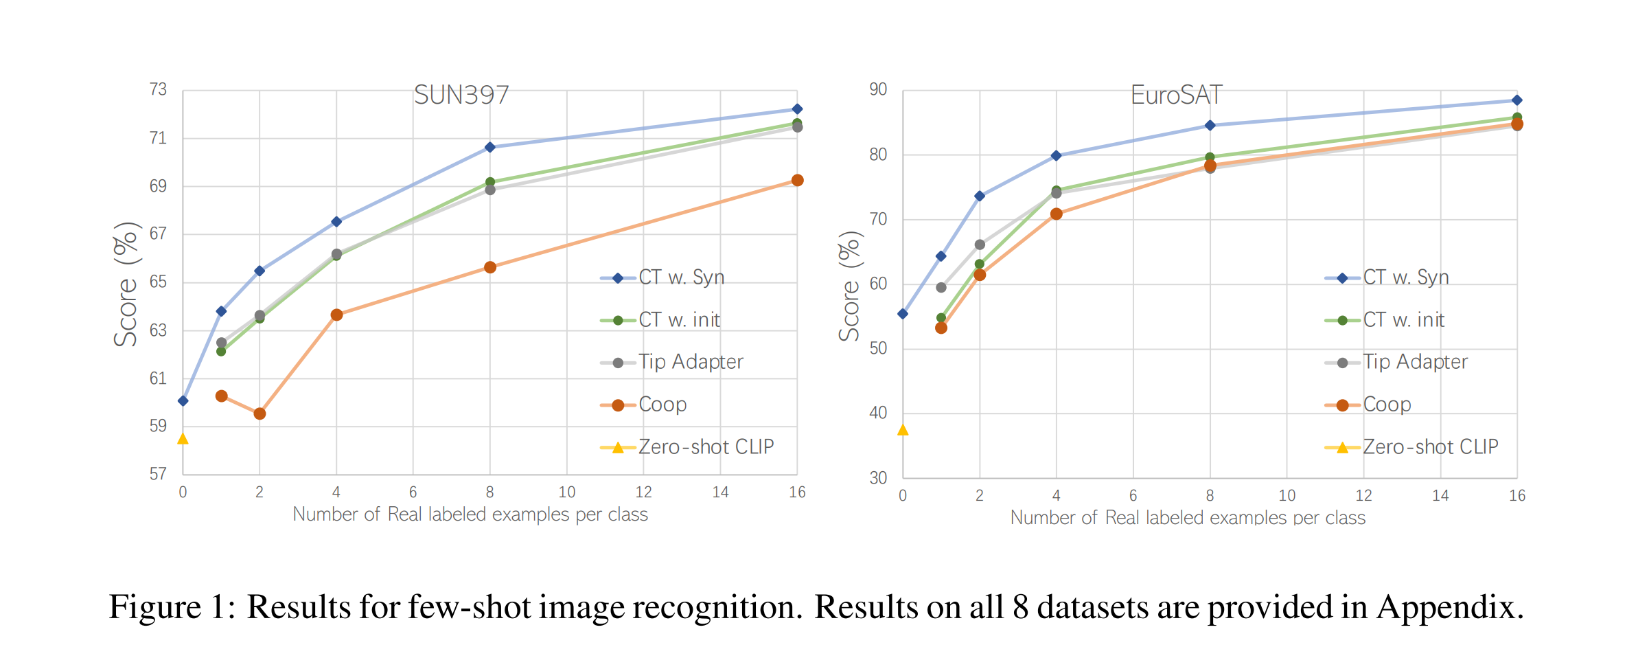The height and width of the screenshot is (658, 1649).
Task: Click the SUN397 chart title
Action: click(461, 95)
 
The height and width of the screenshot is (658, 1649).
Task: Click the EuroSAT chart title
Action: click(1176, 95)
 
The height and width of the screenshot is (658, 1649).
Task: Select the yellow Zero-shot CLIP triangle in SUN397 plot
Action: click(183, 439)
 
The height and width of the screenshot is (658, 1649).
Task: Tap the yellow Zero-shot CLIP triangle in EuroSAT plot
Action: click(903, 430)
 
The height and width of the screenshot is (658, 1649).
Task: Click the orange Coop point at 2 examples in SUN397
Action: click(260, 413)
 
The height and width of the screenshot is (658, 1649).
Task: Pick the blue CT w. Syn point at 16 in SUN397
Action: click(797, 109)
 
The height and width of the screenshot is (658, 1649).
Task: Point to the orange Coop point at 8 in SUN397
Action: click(490, 267)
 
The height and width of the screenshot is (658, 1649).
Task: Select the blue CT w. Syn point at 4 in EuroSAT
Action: click(1057, 156)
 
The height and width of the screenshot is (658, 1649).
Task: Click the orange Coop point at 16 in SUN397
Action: click(797, 181)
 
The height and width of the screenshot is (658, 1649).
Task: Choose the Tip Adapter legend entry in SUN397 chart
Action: click(690, 362)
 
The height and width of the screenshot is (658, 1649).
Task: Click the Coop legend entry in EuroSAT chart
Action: click(1386, 405)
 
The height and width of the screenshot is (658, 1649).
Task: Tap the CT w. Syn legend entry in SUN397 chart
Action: click(681, 277)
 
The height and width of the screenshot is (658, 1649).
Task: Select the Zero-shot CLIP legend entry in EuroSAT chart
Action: click(1429, 447)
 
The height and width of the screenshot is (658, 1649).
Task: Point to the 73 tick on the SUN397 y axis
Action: click(158, 89)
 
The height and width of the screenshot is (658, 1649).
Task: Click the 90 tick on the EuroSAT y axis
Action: click(878, 89)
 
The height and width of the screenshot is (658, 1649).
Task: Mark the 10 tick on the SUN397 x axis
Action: click(566, 492)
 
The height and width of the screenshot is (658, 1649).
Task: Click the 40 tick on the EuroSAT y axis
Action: click(878, 413)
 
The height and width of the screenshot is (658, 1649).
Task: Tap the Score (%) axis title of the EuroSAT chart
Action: click(849, 286)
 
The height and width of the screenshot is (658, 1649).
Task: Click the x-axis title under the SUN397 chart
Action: click(470, 514)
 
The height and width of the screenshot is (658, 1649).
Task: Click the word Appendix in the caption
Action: click(1449, 607)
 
